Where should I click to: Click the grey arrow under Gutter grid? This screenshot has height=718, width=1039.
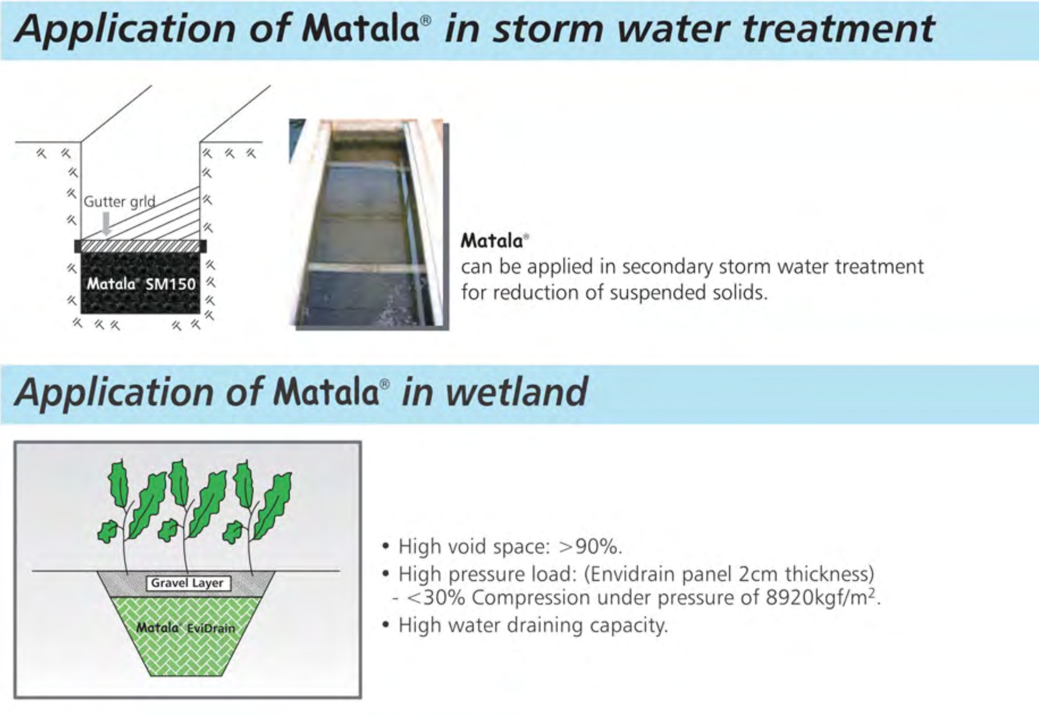pyautogui.click(x=106, y=224)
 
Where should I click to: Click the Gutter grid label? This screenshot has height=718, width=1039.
pyautogui.click(x=119, y=202)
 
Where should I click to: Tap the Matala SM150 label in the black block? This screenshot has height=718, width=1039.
pyautogui.click(x=141, y=284)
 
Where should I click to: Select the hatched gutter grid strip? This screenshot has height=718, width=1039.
pyautogui.click(x=141, y=246)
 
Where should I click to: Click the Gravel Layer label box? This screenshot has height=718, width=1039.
pyautogui.click(x=188, y=583)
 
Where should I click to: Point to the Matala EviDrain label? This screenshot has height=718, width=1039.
pyautogui.click(x=185, y=628)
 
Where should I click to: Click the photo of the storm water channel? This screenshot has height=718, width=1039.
pyautogui.click(x=367, y=223)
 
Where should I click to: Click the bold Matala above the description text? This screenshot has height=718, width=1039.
pyautogui.click(x=492, y=241)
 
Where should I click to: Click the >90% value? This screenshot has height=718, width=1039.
pyautogui.click(x=590, y=547)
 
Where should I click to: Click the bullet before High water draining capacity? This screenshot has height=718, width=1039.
pyautogui.click(x=385, y=625)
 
